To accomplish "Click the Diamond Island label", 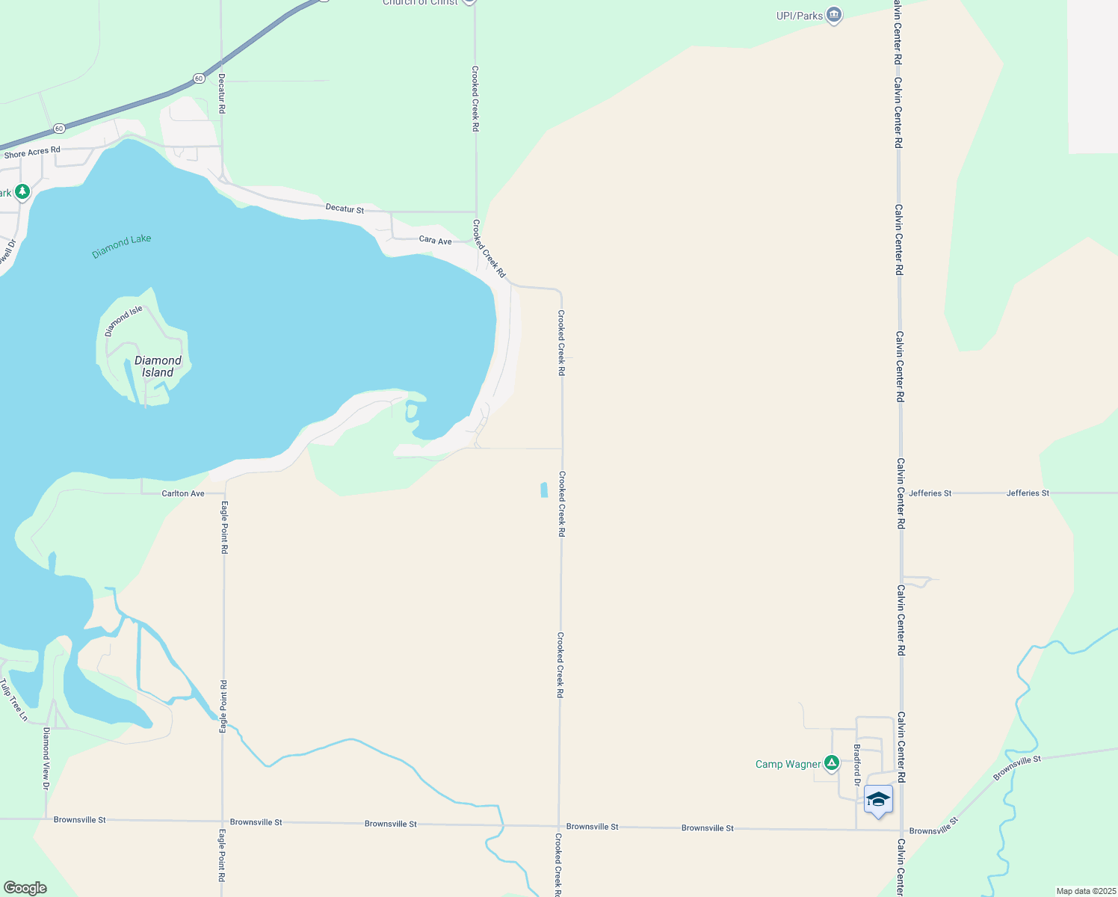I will (158, 366).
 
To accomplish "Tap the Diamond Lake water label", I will (121, 246).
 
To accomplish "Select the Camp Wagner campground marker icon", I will (831, 763).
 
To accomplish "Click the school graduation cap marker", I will (878, 800).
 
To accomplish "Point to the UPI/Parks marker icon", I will (834, 15).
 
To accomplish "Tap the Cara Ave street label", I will (435, 241).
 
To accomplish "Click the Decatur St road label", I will (345, 209).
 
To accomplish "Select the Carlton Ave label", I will (183, 493).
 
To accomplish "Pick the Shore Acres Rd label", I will (32, 152).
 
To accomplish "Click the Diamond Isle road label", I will (123, 321).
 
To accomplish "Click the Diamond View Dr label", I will (46, 758).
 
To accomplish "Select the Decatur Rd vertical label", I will (222, 93).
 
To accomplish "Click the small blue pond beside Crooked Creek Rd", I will (543, 490).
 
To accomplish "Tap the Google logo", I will (25, 888).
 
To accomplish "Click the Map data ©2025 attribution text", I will (1085, 891).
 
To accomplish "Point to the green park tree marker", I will (22, 192).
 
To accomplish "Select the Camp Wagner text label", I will (788, 764).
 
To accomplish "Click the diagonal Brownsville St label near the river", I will (1017, 768).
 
